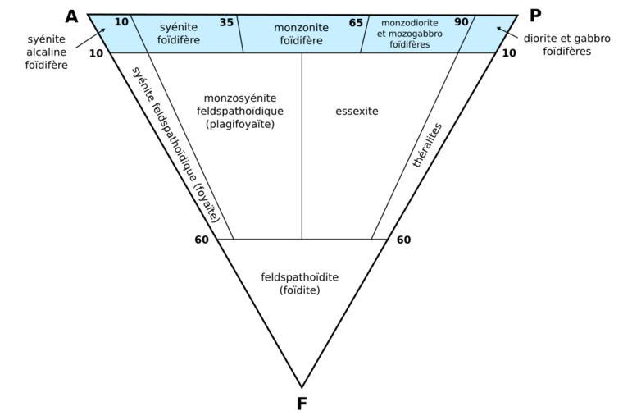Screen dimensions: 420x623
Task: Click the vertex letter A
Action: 72,16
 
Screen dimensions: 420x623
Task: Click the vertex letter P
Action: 535,16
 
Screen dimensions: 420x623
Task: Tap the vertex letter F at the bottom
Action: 302,403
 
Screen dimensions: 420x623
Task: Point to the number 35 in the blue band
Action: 226,22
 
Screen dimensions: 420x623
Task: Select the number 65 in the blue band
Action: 356,23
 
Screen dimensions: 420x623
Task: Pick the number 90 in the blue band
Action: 462,22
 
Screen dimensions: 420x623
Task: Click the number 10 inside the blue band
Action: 121,22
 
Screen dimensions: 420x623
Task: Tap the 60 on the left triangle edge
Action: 202,240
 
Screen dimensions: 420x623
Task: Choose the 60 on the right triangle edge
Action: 403,240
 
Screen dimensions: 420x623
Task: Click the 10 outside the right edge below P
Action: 508,53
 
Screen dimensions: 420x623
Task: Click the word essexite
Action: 357,110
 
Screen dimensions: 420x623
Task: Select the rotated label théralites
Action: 427,146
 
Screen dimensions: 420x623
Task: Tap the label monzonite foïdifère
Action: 301,34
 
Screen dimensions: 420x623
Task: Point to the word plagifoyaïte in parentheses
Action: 240,124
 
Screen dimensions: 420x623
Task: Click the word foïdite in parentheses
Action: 300,290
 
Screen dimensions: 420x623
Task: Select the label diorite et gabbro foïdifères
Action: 566,44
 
